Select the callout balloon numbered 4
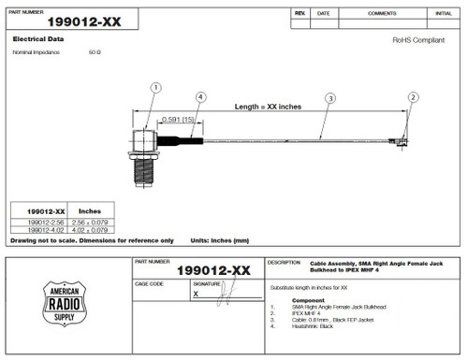pos(200,96)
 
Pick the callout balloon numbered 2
pos(413,97)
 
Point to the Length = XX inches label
pos(268,107)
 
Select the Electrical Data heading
pos(37,40)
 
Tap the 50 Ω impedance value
pos(95,52)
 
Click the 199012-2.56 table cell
pos(45,221)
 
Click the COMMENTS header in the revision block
pos(382,14)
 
